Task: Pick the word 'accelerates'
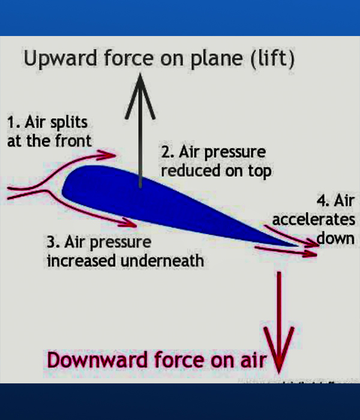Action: (313, 219)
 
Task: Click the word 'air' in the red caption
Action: (254, 361)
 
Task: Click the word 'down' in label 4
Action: (336, 237)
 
